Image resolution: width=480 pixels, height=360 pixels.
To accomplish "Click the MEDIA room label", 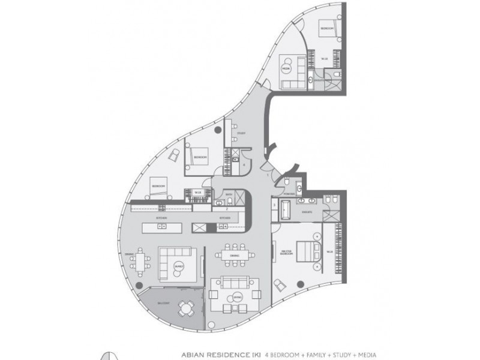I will tap(286, 68).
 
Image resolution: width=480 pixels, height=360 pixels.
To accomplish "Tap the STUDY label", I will tap(241, 133).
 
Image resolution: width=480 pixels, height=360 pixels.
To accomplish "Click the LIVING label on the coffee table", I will tap(238, 296).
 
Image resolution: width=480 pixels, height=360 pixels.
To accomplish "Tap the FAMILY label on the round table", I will tap(178, 266).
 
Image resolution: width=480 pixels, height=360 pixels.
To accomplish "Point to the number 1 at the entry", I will tap(268, 175).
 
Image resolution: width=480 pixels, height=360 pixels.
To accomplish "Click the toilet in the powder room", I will tap(289, 183).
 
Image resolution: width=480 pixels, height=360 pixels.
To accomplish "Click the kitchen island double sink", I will tap(161, 227).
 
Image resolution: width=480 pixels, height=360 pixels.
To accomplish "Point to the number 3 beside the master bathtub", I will tap(274, 205).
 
